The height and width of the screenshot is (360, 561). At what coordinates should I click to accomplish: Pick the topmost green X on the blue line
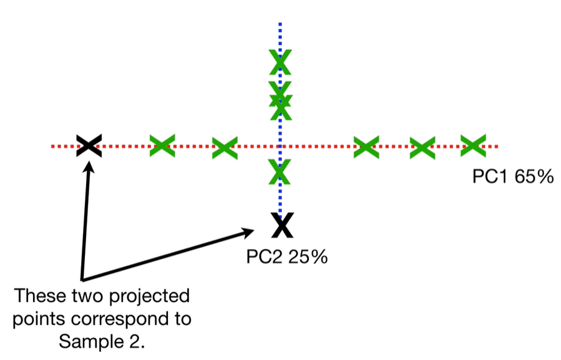[280, 61]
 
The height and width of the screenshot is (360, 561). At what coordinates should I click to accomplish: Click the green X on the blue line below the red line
[280, 170]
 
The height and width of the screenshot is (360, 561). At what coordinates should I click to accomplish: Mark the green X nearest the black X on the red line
[162, 146]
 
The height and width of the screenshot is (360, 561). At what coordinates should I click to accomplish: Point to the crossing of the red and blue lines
[280, 147]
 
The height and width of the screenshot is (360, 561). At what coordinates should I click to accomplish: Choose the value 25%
[308, 256]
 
